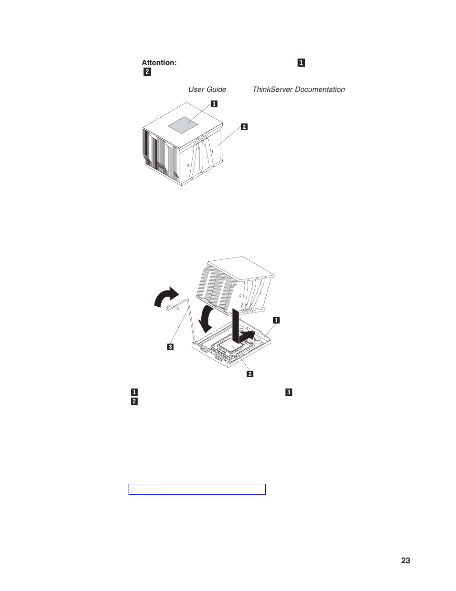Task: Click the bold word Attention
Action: pos(159,63)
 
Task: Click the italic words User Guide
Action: pos(207,89)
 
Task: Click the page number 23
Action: pos(405,561)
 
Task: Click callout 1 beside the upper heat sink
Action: pos(214,103)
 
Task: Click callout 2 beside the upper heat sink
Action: pos(244,127)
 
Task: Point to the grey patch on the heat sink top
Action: pos(189,123)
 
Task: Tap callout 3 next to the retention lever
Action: pos(170,346)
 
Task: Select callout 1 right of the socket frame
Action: pos(276,320)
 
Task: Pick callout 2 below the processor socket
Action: pos(250,374)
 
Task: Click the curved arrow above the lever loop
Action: pos(166,297)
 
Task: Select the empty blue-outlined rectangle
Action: pos(197,489)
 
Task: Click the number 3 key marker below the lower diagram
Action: pos(288,392)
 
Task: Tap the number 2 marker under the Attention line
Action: pos(147,72)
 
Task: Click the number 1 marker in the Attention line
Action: pos(301,63)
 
